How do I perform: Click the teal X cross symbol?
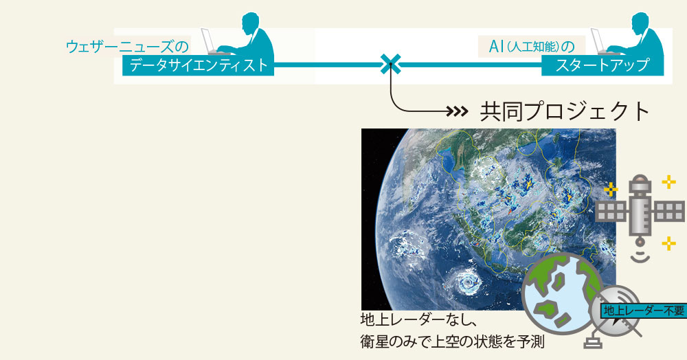[390, 65]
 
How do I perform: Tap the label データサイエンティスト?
[198, 65]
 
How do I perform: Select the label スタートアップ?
[602, 65]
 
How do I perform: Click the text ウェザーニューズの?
[127, 47]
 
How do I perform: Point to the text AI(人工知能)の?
[531, 47]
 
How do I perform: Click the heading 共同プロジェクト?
[565, 111]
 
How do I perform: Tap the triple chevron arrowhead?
[459, 112]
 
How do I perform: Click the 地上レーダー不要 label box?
[643, 311]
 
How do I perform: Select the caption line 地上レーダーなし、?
[418, 319]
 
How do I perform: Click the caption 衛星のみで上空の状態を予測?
[453, 341]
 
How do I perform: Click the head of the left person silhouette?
[252, 22]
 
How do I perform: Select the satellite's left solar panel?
[611, 211]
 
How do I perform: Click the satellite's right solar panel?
[668, 211]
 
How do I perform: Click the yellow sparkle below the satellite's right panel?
[668, 243]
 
